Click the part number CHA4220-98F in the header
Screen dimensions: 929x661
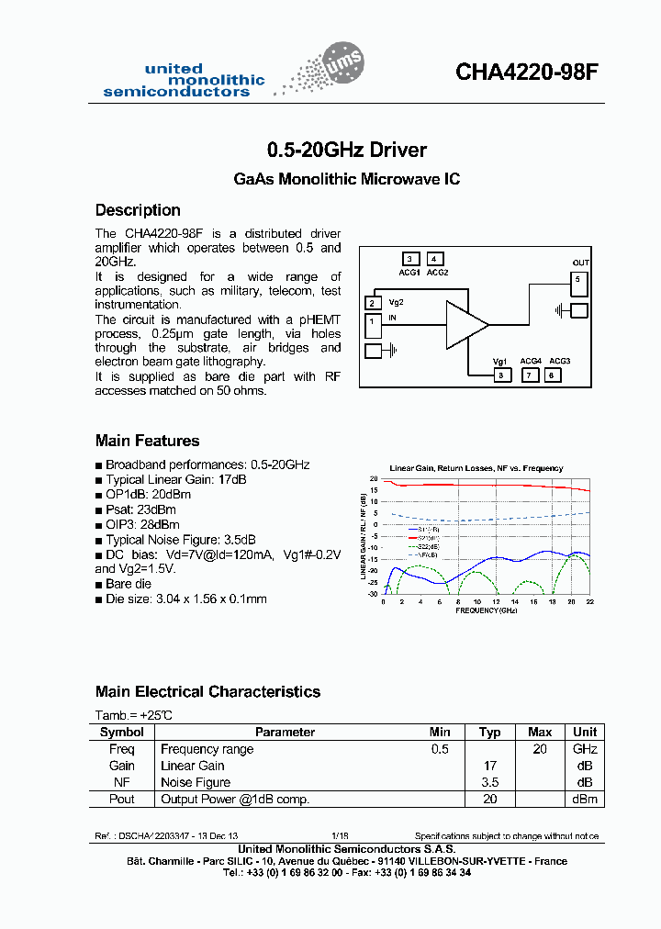click(526, 73)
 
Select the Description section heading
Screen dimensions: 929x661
click(138, 210)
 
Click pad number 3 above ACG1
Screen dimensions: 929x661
click(410, 259)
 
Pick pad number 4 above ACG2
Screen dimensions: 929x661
click(435, 259)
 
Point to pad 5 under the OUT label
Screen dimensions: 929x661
click(578, 279)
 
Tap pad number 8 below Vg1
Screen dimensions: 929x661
click(501, 375)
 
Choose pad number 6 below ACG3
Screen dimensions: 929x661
click(552, 375)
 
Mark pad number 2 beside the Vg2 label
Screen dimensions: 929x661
click(374, 303)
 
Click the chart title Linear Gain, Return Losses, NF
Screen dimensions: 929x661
click(476, 468)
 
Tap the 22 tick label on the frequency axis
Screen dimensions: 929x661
click(590, 601)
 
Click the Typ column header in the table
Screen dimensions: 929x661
click(490, 733)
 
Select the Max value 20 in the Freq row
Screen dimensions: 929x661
click(540, 749)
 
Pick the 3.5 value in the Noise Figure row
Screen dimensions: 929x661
click(490, 782)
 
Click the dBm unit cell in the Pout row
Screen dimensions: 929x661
click(585, 799)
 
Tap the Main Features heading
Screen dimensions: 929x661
click(147, 441)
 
